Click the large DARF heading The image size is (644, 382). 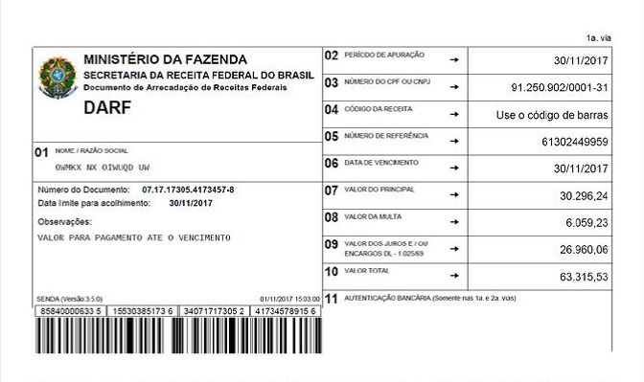click(107, 107)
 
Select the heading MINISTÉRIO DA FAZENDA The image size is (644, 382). click(165, 60)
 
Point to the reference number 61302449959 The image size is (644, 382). click(575, 142)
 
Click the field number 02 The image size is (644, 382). click(332, 56)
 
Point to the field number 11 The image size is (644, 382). click(332, 299)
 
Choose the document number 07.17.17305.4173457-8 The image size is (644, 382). click(188, 190)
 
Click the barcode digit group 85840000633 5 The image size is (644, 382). click(68, 311)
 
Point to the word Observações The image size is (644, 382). click(63, 221)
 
